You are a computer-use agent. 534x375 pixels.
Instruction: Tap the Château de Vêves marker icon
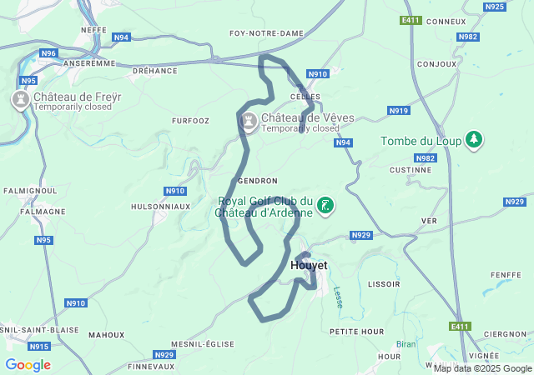[x=249, y=122]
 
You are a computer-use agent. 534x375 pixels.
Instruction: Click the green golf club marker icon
[x=325, y=205]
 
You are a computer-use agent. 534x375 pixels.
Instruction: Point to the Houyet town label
[x=309, y=265]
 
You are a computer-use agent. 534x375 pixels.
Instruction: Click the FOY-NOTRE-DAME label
[x=266, y=33]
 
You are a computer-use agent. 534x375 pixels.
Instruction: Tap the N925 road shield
[x=495, y=7]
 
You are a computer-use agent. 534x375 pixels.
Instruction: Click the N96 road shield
[x=48, y=53]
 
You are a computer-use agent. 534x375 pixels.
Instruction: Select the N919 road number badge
[x=399, y=111]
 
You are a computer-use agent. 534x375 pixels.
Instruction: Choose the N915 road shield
[x=38, y=346]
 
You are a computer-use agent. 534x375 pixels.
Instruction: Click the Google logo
[x=28, y=364]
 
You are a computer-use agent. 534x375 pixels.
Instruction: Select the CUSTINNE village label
[x=410, y=169]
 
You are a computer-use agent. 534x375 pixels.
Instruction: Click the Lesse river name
[x=338, y=296]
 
